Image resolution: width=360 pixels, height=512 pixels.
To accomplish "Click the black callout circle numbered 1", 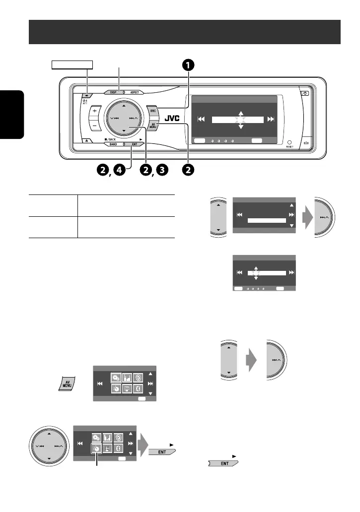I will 187,65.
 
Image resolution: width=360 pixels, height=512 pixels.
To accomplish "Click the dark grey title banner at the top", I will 184,32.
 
